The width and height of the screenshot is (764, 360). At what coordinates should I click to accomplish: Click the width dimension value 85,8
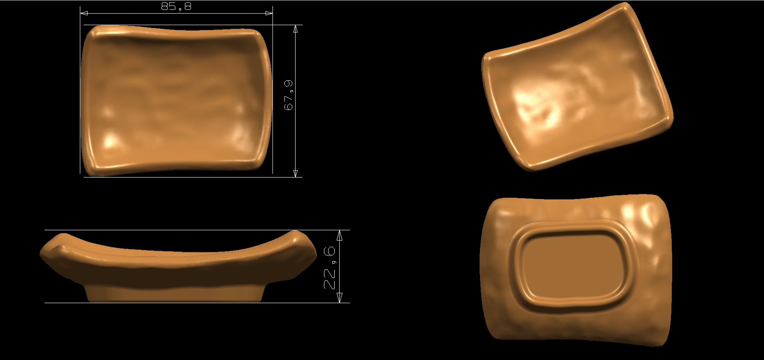tap(176, 7)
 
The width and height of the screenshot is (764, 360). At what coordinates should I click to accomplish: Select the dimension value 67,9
tap(289, 95)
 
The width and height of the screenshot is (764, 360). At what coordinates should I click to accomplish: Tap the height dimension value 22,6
tap(330, 268)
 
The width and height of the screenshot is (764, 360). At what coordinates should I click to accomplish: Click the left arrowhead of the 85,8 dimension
tap(84, 13)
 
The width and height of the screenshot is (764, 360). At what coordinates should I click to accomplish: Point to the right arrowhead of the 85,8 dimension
tap(269, 13)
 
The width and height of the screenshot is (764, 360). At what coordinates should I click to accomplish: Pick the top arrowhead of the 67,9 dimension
tap(295, 29)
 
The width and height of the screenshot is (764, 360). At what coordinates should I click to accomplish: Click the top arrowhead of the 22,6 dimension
tap(340, 235)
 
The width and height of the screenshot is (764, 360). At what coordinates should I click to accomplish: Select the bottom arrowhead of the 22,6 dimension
tap(340, 298)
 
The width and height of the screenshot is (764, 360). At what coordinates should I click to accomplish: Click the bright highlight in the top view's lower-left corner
tap(109, 142)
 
